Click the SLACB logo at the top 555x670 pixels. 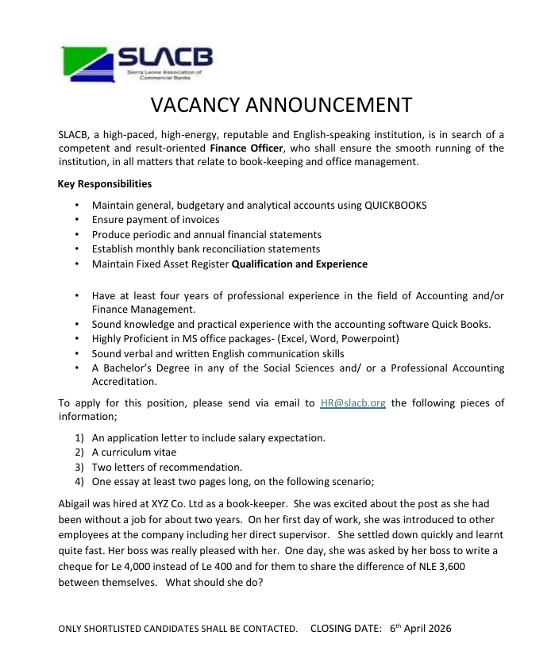click(137, 67)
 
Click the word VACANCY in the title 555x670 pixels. click(193, 106)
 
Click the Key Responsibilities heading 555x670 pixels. click(104, 184)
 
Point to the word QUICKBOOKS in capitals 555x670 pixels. click(395, 205)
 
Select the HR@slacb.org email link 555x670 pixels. click(353, 402)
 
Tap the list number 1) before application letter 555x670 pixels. click(79, 437)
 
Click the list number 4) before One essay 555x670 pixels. click(79, 480)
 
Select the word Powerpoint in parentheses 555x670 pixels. click(370, 338)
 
